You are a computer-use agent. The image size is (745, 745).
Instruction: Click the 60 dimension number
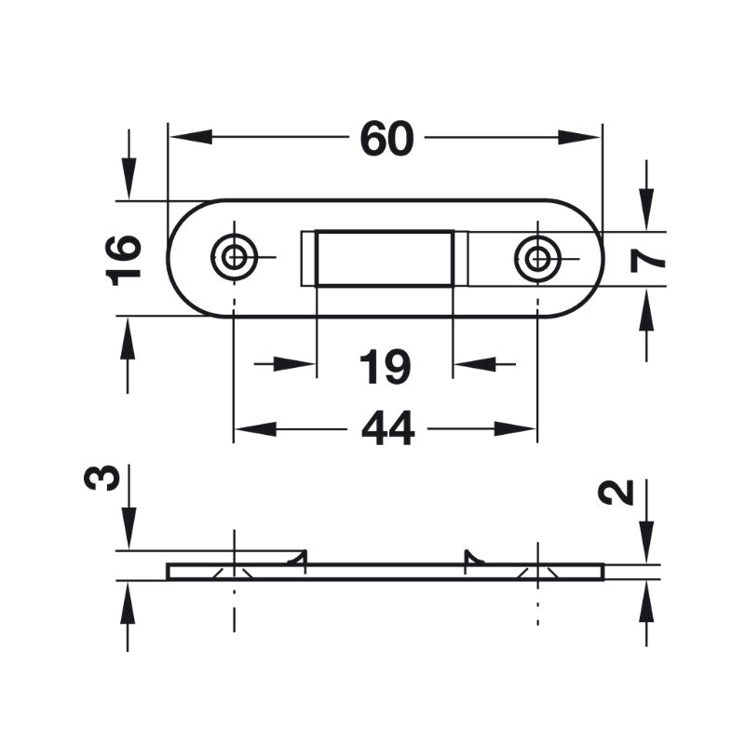coord(386,138)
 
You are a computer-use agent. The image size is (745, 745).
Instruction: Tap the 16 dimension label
coord(124,261)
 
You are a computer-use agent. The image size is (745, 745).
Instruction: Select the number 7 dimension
coord(647,261)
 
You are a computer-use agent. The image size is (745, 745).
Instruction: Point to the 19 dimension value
coord(385,366)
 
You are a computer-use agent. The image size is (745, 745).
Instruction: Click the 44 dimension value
coord(387,428)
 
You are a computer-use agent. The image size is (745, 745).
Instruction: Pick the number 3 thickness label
coord(102,478)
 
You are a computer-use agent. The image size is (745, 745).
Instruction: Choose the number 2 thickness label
coord(616,493)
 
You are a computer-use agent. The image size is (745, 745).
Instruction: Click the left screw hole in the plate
coord(234,258)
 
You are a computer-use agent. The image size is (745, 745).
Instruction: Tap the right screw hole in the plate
coord(537,259)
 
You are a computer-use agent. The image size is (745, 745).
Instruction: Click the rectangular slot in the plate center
coord(385,259)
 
